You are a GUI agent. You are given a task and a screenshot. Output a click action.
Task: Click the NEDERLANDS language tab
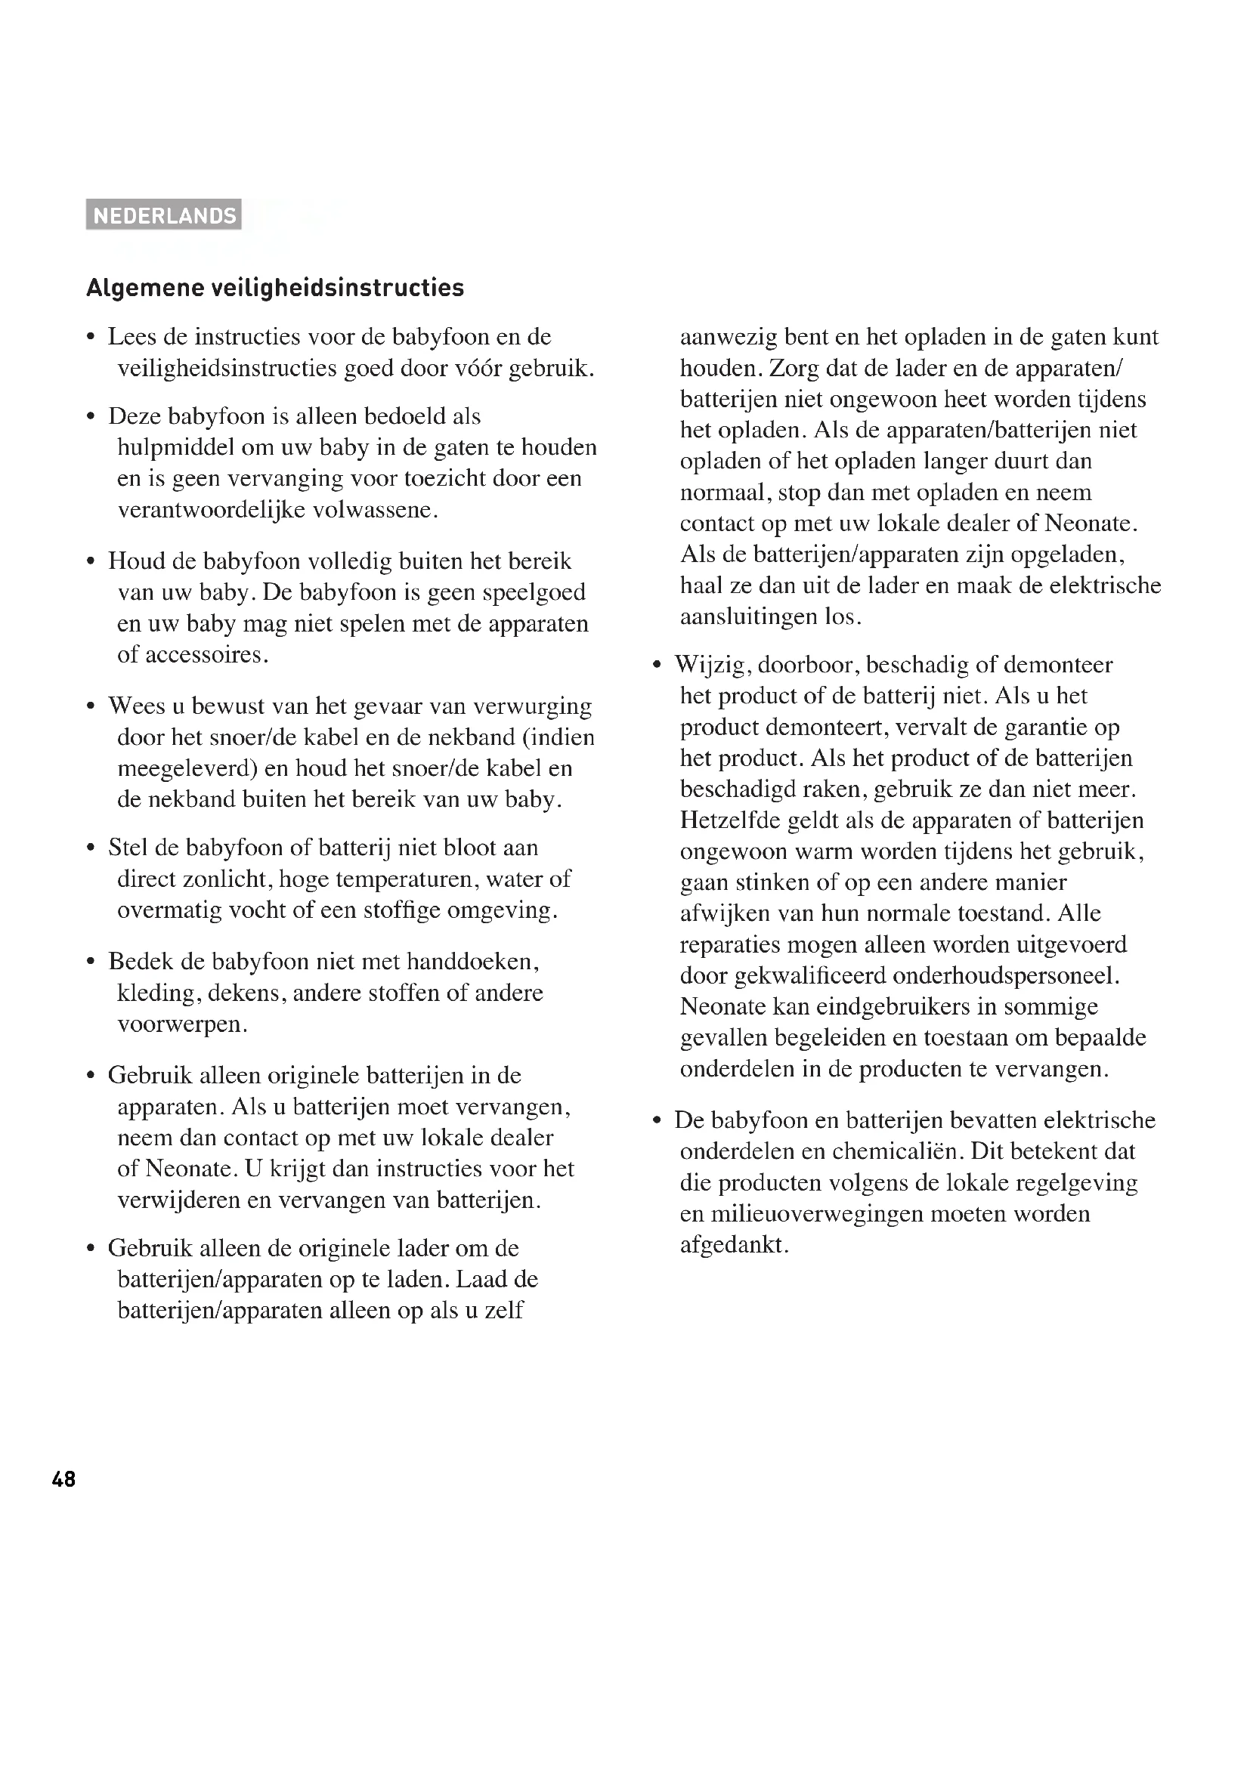(164, 215)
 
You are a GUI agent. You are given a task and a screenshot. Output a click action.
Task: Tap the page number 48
(64, 1479)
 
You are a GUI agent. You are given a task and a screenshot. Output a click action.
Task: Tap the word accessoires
(203, 655)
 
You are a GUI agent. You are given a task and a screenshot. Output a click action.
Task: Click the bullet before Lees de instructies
(91, 338)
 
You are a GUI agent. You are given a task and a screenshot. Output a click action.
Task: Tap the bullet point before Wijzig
(657, 666)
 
